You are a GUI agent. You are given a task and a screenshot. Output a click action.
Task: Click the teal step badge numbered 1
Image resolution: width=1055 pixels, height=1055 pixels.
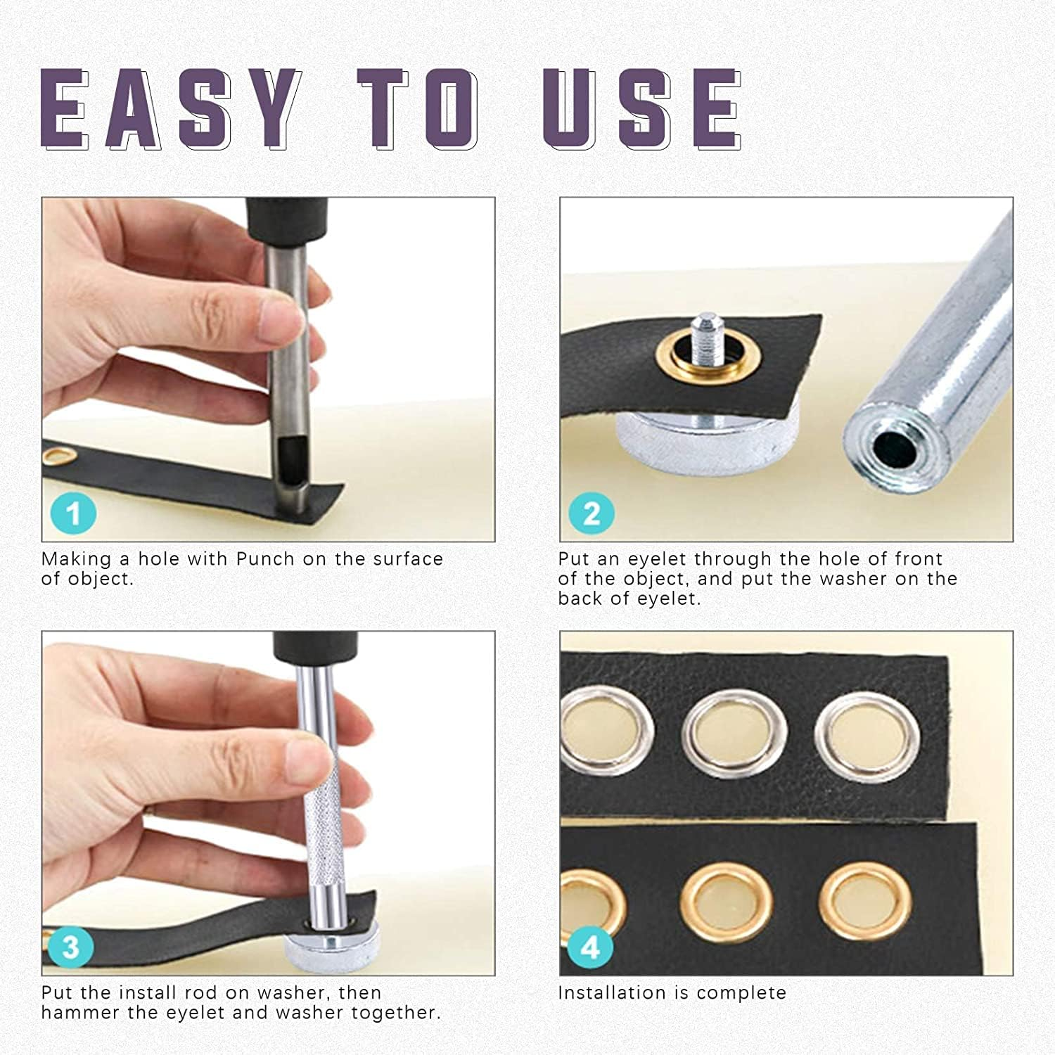(74, 513)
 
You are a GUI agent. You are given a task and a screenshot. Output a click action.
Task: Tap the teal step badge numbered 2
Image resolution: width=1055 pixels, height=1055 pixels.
(592, 513)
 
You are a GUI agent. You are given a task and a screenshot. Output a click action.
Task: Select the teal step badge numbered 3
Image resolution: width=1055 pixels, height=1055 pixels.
(70, 947)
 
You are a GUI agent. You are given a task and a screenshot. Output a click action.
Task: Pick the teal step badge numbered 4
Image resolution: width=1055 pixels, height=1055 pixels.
(589, 948)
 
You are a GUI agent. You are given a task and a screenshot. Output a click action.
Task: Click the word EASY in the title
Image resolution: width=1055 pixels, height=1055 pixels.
(169, 109)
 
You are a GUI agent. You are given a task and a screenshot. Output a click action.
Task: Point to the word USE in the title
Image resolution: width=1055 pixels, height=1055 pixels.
(641, 109)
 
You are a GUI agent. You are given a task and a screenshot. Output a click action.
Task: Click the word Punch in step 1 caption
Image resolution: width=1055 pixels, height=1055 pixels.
(265, 559)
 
